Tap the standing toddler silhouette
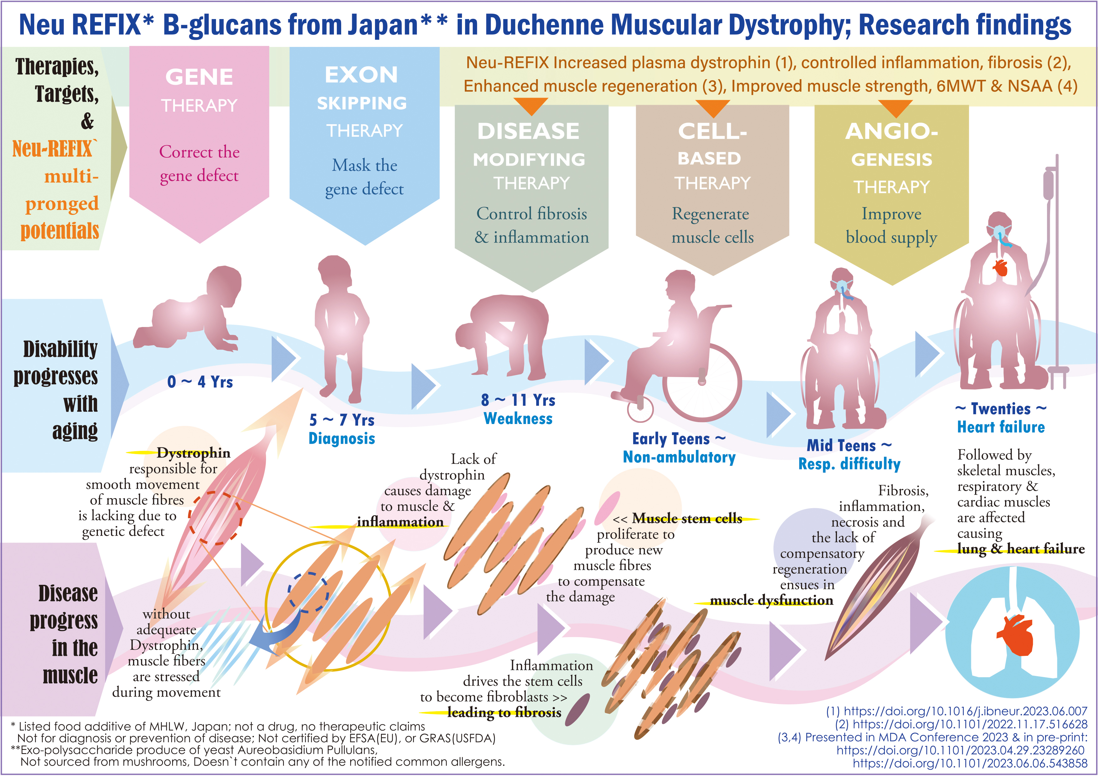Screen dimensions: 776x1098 [341, 325]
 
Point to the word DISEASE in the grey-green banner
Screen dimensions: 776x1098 [528, 131]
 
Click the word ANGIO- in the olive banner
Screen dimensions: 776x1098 [891, 131]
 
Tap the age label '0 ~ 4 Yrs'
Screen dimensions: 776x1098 [200, 382]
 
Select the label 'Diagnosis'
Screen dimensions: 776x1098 [341, 438]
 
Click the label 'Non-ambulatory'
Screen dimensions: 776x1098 [679, 457]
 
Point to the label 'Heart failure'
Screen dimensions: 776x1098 [1001, 427]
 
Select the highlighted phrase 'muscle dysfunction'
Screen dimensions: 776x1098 [771, 600]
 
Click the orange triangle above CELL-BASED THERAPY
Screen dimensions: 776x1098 [713, 108]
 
